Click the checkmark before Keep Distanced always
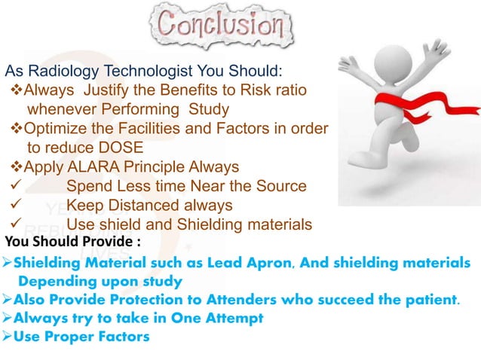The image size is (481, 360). tap(11, 205)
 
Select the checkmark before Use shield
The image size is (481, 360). tap(11, 224)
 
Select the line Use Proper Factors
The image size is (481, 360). tap(82, 336)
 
